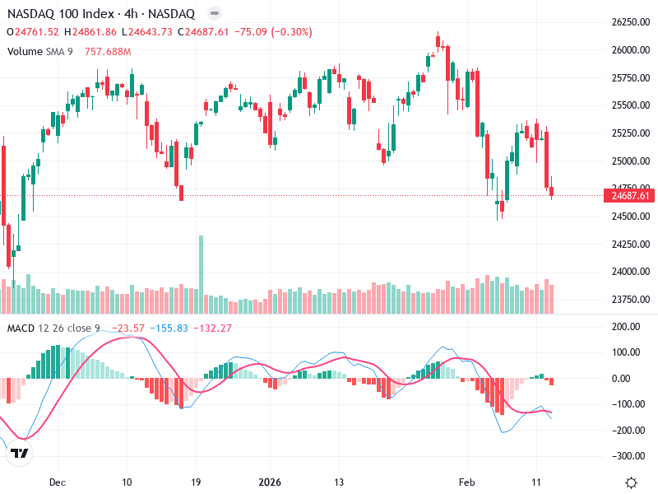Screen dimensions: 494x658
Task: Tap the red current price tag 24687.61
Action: (629, 195)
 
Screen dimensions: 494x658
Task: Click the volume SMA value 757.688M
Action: (108, 52)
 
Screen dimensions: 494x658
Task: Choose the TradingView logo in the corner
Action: (20, 454)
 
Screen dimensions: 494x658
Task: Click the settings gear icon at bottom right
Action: (631, 482)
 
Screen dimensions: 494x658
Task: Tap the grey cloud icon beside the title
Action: (214, 14)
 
